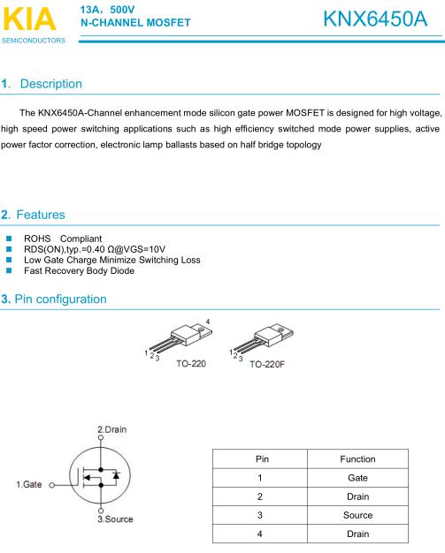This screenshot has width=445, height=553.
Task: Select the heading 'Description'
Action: (50, 84)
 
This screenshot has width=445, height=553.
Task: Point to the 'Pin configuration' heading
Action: (61, 299)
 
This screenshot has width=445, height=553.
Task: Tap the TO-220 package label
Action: (192, 363)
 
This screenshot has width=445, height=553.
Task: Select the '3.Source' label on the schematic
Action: (115, 519)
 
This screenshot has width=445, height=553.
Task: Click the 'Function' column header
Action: (357, 459)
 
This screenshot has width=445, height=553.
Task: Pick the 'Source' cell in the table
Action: (357, 515)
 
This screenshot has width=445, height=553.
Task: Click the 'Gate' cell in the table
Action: (357, 478)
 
